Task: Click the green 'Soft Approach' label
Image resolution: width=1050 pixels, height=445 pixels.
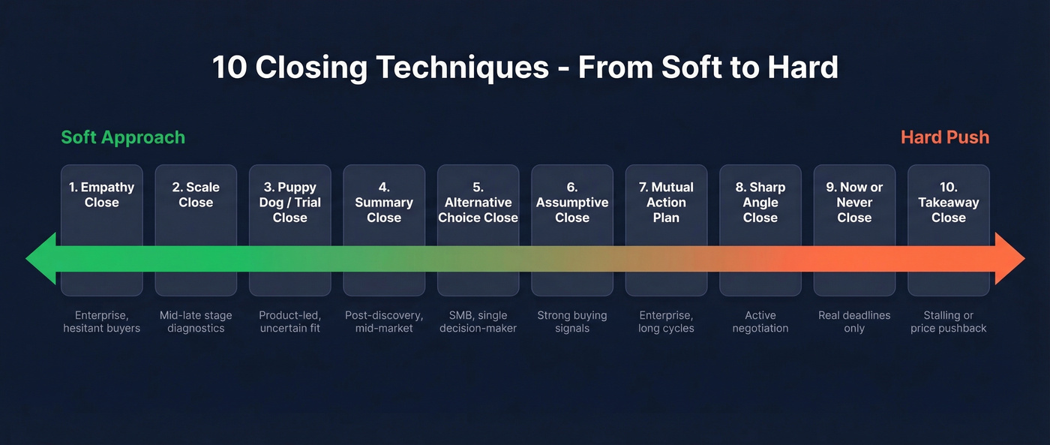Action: pyautogui.click(x=123, y=137)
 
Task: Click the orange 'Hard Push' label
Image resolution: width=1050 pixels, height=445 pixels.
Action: pyautogui.click(x=944, y=137)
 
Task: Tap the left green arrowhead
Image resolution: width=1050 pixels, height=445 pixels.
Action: pyautogui.click(x=41, y=259)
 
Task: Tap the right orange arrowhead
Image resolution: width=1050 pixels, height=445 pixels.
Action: pyautogui.click(x=1009, y=259)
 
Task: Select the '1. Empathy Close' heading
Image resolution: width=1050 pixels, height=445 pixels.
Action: pyautogui.click(x=102, y=194)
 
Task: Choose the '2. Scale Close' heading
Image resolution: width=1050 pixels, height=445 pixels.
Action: pyautogui.click(x=196, y=194)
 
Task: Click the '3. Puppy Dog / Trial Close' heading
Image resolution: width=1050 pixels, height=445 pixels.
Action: pyautogui.click(x=289, y=202)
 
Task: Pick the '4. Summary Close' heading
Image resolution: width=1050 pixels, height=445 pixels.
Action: pyautogui.click(x=384, y=202)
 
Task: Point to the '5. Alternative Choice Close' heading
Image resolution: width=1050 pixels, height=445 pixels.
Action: pyautogui.click(x=478, y=202)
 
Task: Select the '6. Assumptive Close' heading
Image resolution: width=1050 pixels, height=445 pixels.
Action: pyautogui.click(x=572, y=202)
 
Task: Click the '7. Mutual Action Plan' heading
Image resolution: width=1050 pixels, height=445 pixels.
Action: pyautogui.click(x=666, y=202)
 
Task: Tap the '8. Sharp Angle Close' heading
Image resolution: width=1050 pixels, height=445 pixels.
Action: pyautogui.click(x=760, y=202)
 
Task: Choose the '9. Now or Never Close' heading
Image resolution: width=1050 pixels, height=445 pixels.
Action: pyautogui.click(x=854, y=202)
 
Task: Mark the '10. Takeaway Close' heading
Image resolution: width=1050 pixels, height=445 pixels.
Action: pyautogui.click(x=948, y=202)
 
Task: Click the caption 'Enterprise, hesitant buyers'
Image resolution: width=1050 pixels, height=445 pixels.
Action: pyautogui.click(x=102, y=321)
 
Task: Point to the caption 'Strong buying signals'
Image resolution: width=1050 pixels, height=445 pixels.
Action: pyautogui.click(x=572, y=321)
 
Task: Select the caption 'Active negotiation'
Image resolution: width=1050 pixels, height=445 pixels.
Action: pyautogui.click(x=760, y=321)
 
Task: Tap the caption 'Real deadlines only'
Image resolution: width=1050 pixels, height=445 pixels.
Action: pyautogui.click(x=854, y=321)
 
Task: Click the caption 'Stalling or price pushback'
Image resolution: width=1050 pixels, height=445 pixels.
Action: pyautogui.click(x=948, y=321)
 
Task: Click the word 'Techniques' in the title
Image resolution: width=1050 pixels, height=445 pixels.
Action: pyautogui.click(x=462, y=68)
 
